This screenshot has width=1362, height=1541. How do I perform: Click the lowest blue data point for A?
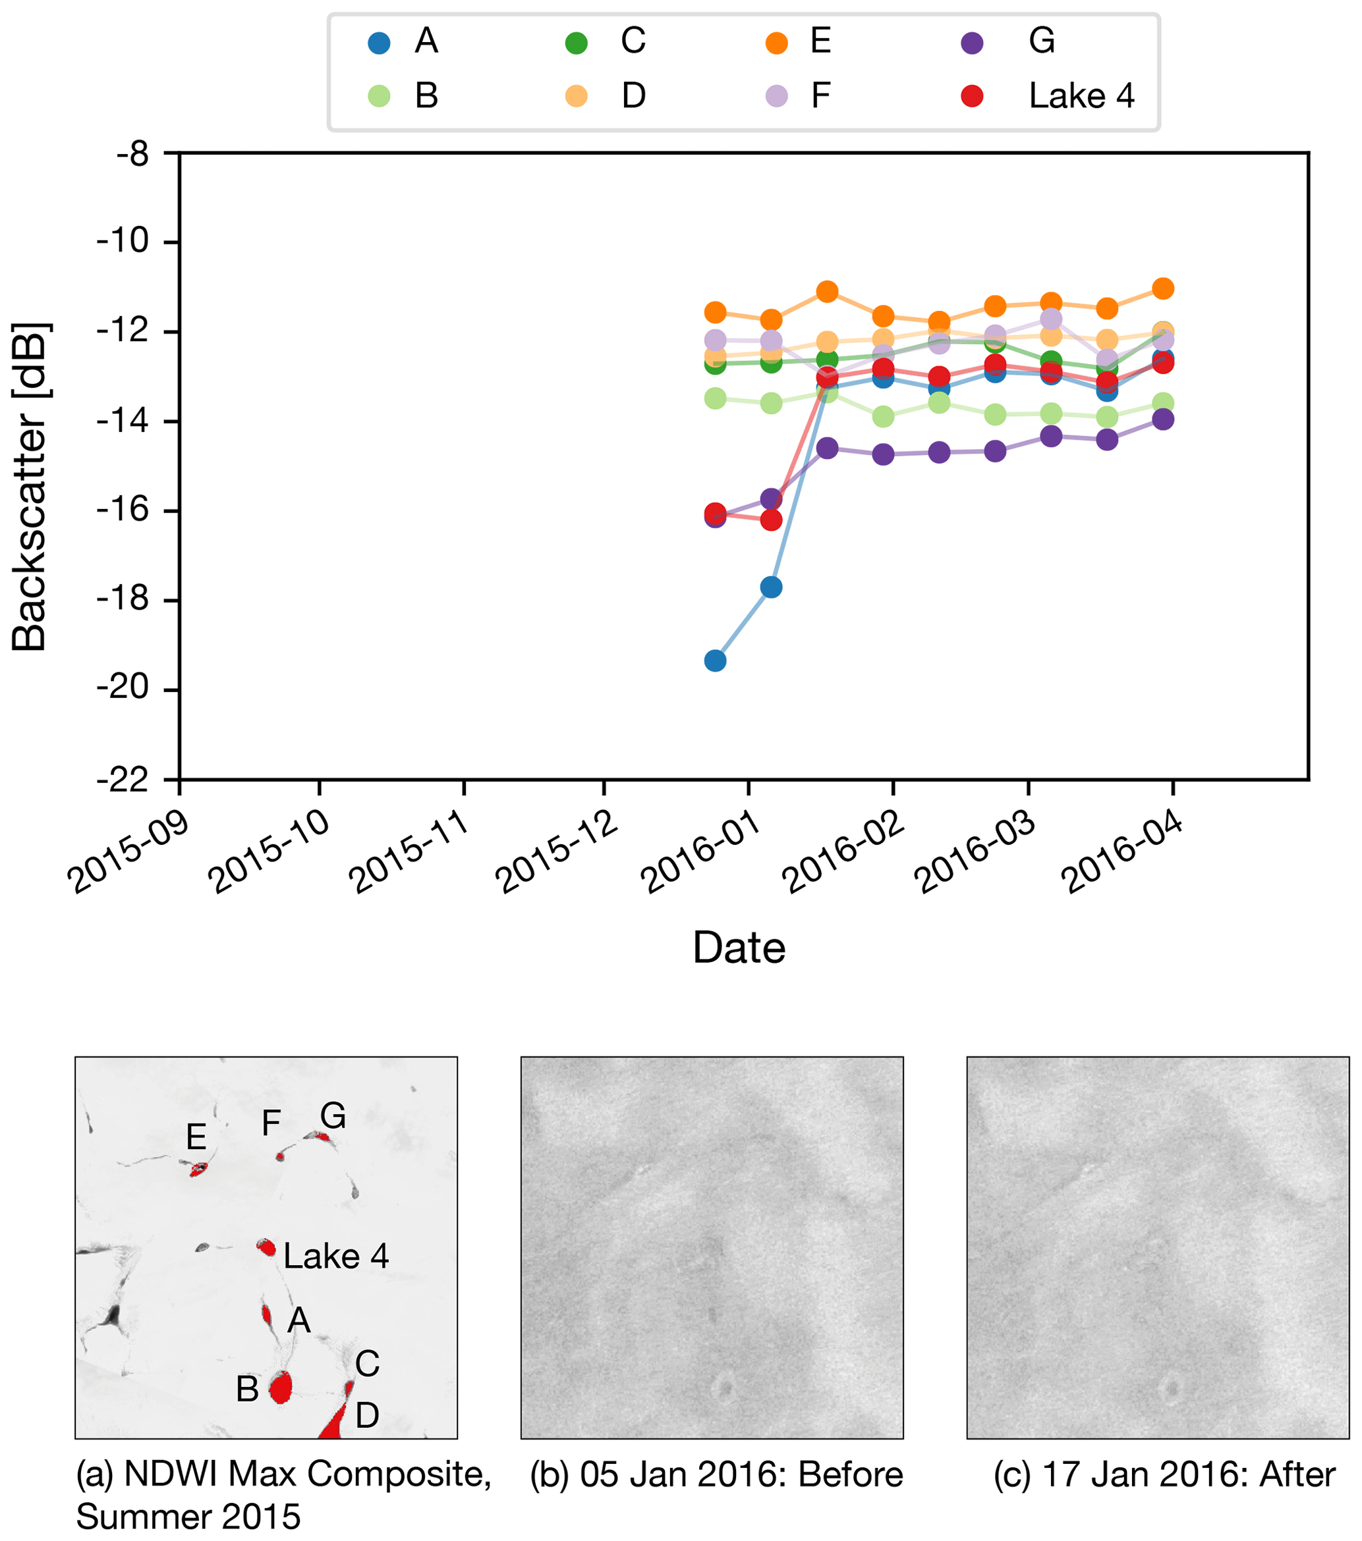tap(714, 661)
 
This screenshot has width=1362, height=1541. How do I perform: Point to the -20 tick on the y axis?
tap(122, 689)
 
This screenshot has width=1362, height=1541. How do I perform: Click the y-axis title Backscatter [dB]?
tap(30, 486)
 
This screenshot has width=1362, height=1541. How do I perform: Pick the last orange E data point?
tap(1163, 288)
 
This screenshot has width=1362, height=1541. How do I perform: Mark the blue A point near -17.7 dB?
tap(771, 587)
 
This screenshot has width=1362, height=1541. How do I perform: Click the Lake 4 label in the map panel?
tap(335, 1256)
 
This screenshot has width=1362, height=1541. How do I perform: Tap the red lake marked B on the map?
tap(281, 1386)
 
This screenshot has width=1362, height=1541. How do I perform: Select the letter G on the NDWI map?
tap(333, 1115)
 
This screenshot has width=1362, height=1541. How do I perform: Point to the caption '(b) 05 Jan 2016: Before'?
tap(716, 1474)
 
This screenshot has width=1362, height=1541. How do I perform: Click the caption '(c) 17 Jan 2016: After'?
tap(1164, 1474)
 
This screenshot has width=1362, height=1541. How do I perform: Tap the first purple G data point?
tap(714, 517)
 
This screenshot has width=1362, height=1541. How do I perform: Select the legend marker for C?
tap(576, 42)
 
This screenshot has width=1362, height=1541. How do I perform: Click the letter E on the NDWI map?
tap(196, 1136)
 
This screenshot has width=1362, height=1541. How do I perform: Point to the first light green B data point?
tap(714, 398)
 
